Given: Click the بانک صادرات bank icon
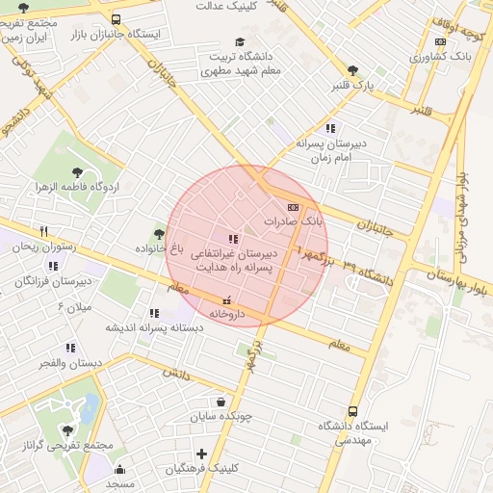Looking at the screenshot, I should click(293, 206).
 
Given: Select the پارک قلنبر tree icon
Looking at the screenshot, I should click(352, 70).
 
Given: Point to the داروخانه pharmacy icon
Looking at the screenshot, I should click(227, 300).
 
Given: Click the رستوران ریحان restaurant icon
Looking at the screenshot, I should click(43, 231).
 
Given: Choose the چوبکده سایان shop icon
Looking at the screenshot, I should click(221, 402).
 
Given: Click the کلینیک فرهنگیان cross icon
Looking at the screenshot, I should click(201, 454).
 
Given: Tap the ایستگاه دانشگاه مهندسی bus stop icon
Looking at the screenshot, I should click(352, 411).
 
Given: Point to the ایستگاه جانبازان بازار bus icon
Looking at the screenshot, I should click(117, 19).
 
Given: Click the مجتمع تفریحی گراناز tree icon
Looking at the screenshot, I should click(66, 430).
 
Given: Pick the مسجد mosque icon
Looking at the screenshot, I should click(120, 469).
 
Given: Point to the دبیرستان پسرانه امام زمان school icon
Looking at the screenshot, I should click(331, 128).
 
